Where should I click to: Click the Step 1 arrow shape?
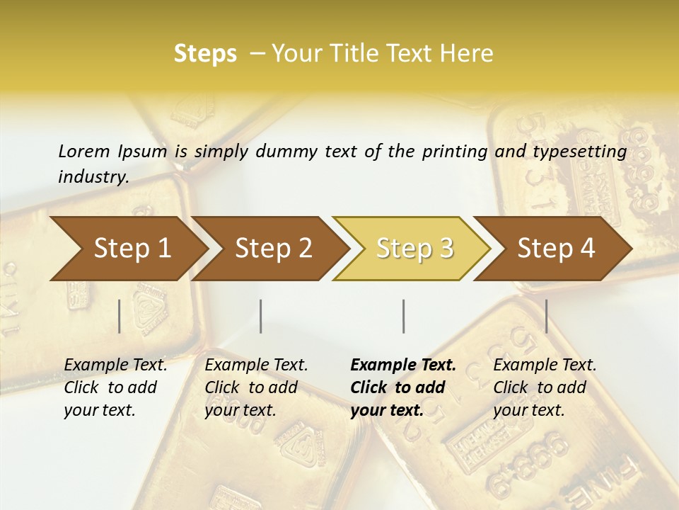click(131, 249)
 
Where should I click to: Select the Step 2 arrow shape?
click(273, 249)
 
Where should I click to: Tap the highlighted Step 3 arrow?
click(414, 249)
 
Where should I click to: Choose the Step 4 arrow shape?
click(556, 249)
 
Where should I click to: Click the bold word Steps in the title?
click(205, 54)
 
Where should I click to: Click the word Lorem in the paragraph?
click(83, 151)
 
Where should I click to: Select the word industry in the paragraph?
click(93, 176)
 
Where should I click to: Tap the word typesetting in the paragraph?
click(579, 152)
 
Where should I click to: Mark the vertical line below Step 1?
click(120, 316)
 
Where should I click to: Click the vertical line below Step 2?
click(261, 316)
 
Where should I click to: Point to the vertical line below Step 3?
click(403, 316)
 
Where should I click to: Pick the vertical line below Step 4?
click(547, 316)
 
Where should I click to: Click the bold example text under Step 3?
click(403, 387)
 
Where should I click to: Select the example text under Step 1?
click(115, 387)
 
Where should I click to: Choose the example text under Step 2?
click(256, 387)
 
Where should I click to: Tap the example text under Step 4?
click(545, 387)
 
